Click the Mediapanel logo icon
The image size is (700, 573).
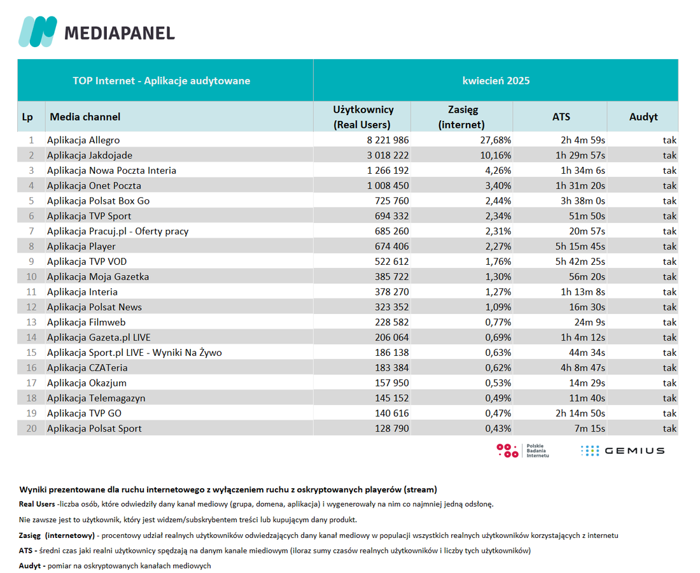(38, 31)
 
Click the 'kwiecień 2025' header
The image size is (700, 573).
(496, 81)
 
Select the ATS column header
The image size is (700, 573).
(561, 117)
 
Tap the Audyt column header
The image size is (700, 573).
(643, 117)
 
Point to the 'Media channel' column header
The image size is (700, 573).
(85, 117)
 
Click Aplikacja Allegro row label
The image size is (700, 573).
(83, 140)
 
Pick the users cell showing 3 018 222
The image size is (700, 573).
(388, 155)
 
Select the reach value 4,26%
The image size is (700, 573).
(498, 171)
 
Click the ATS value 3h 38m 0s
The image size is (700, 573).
(583, 201)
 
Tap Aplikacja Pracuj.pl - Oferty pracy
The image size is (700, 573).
(118, 231)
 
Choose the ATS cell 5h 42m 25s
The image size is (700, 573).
(580, 262)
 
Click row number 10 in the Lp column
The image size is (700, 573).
(31, 277)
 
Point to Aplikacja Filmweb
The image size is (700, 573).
(86, 322)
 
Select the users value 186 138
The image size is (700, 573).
(392, 353)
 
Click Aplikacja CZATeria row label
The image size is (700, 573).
(87, 368)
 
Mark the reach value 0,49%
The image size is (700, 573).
(498, 399)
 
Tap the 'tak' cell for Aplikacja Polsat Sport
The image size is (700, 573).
(669, 428)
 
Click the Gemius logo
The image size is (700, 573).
(623, 451)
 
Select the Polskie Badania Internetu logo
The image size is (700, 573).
(522, 451)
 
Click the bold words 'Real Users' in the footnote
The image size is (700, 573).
(37, 504)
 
